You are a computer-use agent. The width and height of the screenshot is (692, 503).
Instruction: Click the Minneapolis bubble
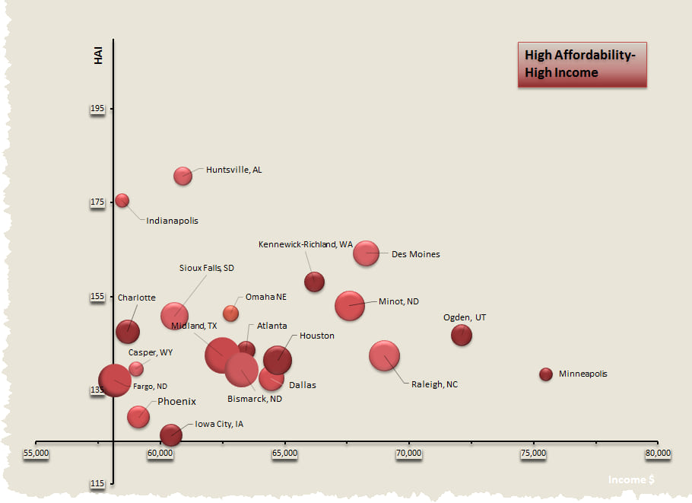tap(545, 374)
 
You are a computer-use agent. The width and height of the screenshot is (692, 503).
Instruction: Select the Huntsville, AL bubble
tap(183, 176)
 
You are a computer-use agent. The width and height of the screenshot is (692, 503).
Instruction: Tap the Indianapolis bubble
tap(122, 200)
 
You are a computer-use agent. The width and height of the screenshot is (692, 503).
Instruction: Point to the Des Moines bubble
tap(366, 253)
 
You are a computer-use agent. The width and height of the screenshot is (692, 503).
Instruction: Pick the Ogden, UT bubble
tap(462, 334)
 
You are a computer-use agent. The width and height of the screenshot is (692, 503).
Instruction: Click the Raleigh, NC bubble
tap(385, 355)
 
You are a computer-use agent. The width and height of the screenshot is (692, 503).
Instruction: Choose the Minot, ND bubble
tap(350, 305)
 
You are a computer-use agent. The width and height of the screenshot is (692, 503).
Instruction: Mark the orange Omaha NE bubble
tap(230, 313)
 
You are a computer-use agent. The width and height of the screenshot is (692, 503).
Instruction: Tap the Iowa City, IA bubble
tap(170, 434)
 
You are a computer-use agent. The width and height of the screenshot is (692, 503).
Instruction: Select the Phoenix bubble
tap(138, 415)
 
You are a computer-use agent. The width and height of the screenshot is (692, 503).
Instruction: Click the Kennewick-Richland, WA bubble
tap(314, 282)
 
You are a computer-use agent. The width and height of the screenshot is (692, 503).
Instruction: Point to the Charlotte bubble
tap(128, 331)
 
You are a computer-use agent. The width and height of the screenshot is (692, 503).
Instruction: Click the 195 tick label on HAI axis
tap(97, 109)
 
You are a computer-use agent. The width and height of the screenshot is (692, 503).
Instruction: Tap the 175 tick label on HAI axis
tap(97, 202)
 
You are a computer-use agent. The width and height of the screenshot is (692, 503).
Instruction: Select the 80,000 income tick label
tap(658, 453)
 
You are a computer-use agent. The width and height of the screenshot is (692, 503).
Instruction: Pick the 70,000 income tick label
tap(409, 453)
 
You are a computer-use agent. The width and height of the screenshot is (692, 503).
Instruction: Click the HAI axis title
tap(98, 56)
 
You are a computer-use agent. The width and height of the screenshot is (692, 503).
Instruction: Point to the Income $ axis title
tap(630, 479)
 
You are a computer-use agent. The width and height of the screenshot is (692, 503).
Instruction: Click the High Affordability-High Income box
tap(582, 64)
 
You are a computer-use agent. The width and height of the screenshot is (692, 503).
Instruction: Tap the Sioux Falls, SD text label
tap(207, 268)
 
